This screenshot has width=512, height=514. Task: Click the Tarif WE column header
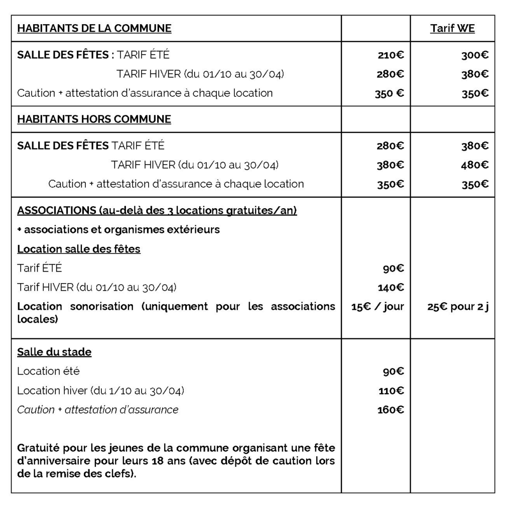pos(452,29)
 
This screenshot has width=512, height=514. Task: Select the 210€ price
pos(390,55)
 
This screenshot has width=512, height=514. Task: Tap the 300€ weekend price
pos(475,55)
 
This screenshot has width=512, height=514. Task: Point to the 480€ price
pos(475,165)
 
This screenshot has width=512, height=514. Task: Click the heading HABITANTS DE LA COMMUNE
pos(94,29)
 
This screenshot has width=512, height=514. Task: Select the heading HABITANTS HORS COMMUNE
pos(94,119)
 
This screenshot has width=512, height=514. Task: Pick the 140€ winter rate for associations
pos(391,288)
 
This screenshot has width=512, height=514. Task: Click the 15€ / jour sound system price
pos(377,307)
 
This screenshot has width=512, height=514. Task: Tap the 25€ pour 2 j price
pos(458,307)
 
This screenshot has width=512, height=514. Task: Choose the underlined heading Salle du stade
pos(54,352)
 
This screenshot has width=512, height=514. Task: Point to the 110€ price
pos(391,391)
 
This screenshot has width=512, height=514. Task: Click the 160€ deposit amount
pos(391,410)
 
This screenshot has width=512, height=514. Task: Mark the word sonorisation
pos(102,307)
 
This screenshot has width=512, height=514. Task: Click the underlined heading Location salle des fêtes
pos(79,249)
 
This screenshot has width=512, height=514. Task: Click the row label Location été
pos(48,371)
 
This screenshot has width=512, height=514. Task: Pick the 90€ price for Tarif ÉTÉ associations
pos(394,269)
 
